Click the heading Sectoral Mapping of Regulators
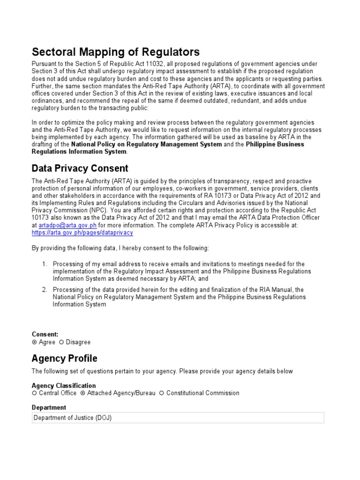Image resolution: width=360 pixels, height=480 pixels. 115,52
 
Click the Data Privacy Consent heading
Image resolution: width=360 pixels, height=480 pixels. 80,168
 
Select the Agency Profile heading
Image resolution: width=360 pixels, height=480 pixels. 64,358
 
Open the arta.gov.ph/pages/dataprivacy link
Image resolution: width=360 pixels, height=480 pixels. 82,232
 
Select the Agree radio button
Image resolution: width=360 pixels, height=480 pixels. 34,342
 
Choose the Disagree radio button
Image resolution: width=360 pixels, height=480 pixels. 61,342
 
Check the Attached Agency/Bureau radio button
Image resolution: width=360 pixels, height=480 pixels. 83,393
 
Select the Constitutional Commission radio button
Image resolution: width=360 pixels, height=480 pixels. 162,393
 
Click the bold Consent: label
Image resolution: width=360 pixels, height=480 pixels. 45,334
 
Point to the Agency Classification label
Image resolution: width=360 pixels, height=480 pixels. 63,385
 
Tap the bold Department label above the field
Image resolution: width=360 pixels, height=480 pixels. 49,407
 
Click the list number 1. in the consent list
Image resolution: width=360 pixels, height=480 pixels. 44,264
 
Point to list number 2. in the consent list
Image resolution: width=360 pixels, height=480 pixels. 44,290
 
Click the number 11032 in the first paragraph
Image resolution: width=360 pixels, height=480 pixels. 142,64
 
